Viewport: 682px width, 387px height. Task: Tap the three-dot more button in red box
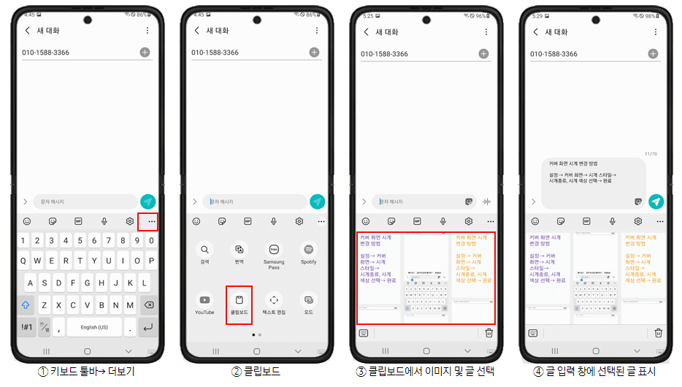pos(152,221)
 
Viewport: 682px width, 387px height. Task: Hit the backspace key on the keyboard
pos(147,305)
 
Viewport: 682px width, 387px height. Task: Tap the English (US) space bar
pos(94,327)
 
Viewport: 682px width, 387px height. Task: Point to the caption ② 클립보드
pos(256,372)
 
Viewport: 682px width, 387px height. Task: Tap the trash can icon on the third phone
pos(488,333)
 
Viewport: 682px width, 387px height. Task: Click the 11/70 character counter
pos(651,154)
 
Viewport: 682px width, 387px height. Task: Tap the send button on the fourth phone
pos(656,202)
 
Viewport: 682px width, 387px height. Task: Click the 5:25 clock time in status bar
pos(368,15)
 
